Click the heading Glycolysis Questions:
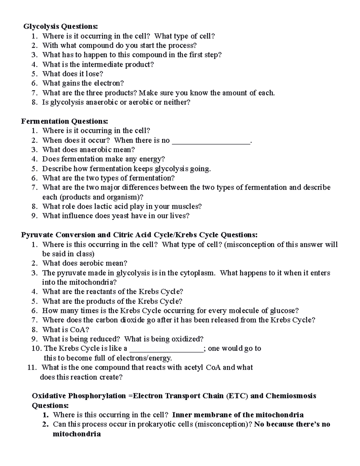click(61, 27)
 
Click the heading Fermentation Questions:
click(64, 121)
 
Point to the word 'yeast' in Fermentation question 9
click(121, 216)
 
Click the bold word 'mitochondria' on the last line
click(76, 434)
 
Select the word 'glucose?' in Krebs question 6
click(284, 311)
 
